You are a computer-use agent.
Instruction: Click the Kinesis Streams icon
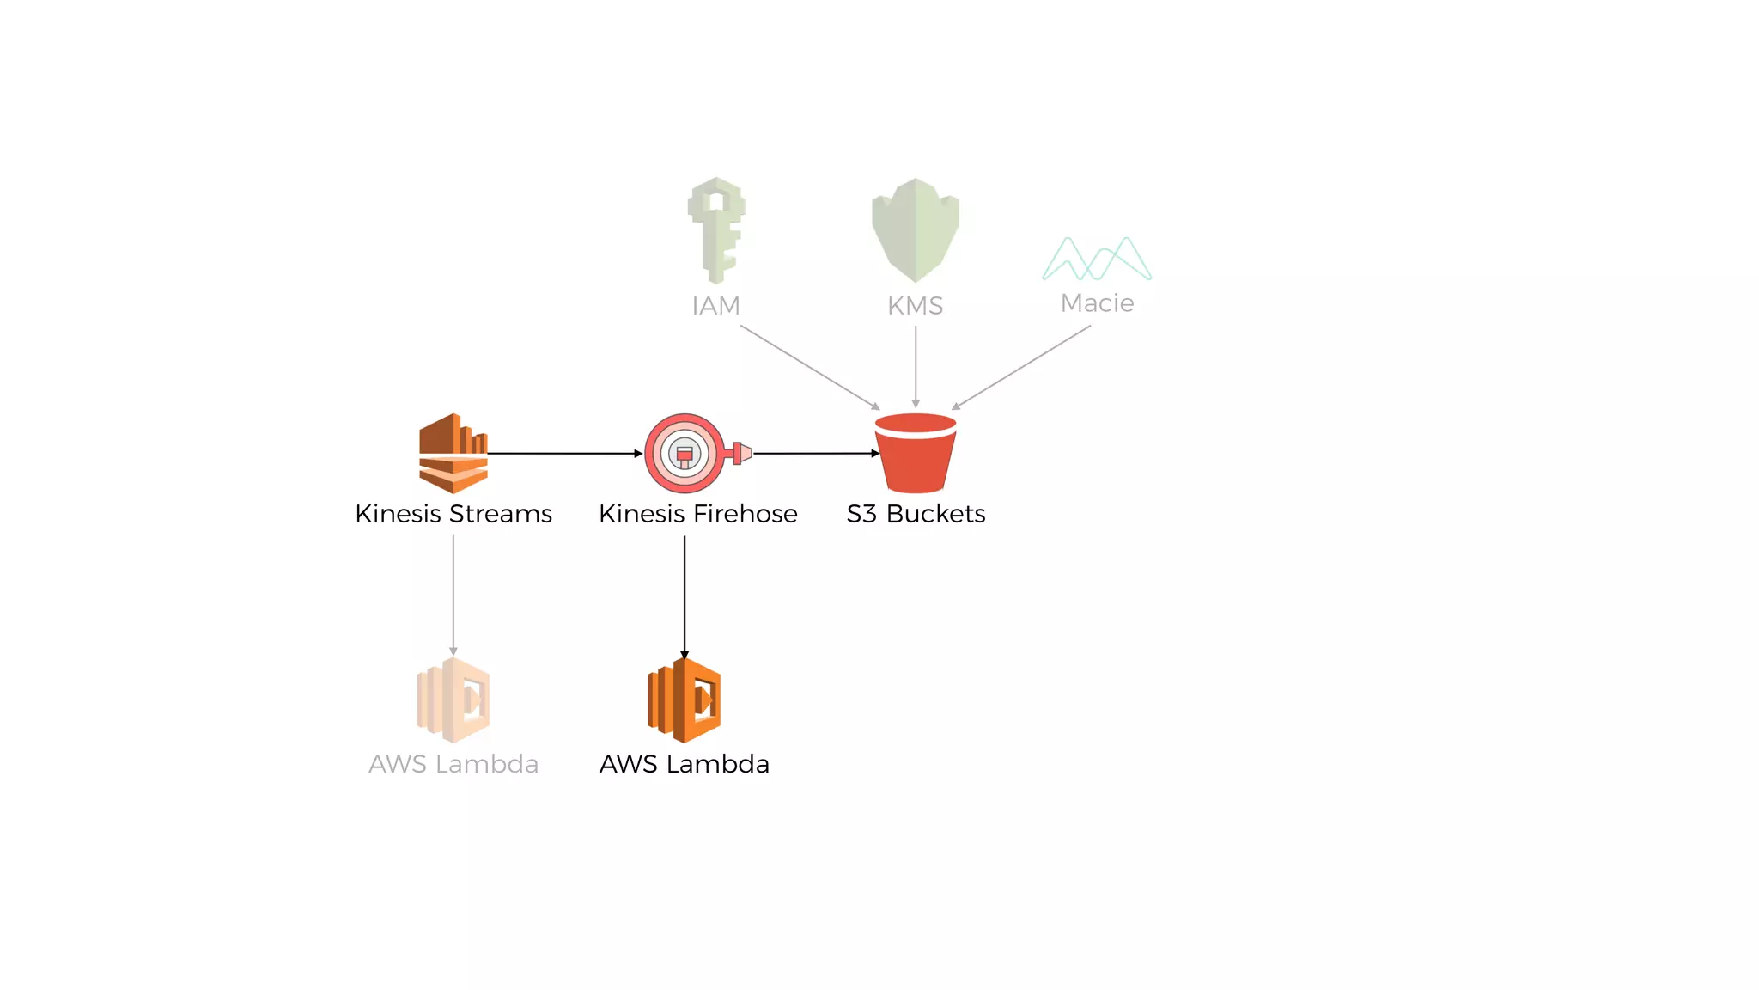tap(453, 453)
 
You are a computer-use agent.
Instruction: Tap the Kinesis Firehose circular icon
tap(685, 453)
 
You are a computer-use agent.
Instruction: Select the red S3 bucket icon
tap(916, 454)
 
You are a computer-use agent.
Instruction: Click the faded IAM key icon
tap(715, 229)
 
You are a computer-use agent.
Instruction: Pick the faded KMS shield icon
tap(916, 229)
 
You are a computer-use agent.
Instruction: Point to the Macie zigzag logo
tap(1097, 259)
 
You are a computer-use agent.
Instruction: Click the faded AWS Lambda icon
tap(453, 700)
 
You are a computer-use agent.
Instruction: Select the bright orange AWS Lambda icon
tap(685, 700)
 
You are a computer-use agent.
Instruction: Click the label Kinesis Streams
tap(453, 514)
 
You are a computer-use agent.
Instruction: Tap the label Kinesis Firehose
tap(697, 514)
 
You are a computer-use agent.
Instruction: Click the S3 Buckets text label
tap(916, 514)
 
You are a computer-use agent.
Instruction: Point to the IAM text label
tap(715, 306)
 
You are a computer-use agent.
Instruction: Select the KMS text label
tap(916, 306)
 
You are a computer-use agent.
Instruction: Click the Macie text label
tap(1097, 303)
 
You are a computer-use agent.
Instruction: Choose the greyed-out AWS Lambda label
tap(453, 764)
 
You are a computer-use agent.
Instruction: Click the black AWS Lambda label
tap(685, 764)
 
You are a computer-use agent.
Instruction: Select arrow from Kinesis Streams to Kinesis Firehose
tap(565, 453)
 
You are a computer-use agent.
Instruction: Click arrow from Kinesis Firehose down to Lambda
tap(685, 597)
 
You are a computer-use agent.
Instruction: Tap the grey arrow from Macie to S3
tap(1021, 367)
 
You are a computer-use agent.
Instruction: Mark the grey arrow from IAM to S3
tap(810, 367)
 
